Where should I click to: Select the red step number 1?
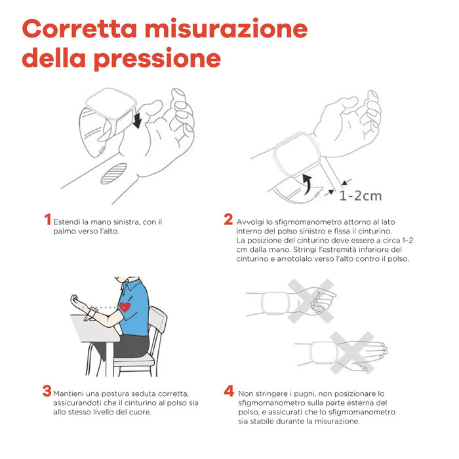[47, 220]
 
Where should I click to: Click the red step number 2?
[228, 220]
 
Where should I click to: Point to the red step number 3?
[47, 391]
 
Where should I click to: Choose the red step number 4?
[228, 391]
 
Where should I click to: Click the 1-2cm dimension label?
[360, 195]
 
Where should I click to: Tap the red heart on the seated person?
[125, 307]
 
